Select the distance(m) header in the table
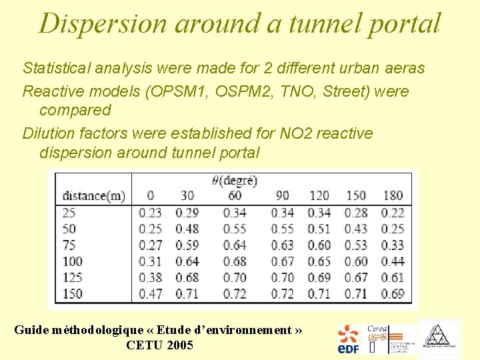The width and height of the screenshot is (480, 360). [x=93, y=196]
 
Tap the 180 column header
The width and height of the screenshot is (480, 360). [x=393, y=196]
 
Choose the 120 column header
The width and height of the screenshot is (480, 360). [x=319, y=196]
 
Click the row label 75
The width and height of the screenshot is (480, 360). [x=69, y=245]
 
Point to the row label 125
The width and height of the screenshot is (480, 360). [x=73, y=277]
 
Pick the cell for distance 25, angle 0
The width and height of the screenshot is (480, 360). [x=150, y=213]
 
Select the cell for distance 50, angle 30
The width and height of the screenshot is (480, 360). [x=187, y=229]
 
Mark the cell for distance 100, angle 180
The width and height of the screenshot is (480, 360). [x=393, y=261]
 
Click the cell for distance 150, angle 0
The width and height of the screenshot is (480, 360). [x=150, y=294]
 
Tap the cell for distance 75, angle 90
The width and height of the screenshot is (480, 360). [x=283, y=245]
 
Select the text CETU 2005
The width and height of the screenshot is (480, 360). [x=159, y=345]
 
